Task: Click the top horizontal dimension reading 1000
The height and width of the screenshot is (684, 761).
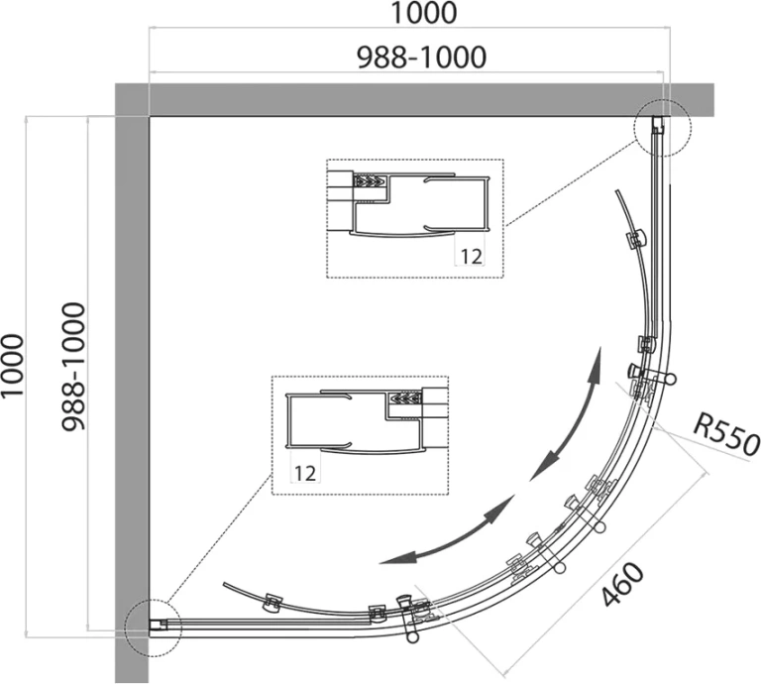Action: point(423,13)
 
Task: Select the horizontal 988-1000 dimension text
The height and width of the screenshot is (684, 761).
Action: point(422,57)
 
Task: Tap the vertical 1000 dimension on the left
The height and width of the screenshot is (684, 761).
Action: point(12,365)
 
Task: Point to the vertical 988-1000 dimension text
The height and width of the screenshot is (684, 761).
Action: point(73,367)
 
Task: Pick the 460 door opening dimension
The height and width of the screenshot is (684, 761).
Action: point(622,585)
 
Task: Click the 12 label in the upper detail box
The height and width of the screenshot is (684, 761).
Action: point(471,256)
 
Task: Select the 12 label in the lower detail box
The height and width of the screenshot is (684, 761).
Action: point(305,473)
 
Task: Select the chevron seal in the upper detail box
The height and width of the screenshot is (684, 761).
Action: point(371,182)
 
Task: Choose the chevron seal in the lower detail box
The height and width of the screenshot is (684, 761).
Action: point(405,399)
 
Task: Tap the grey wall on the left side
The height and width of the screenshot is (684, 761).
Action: point(132,384)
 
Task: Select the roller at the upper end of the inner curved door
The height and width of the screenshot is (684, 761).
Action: point(636,239)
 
